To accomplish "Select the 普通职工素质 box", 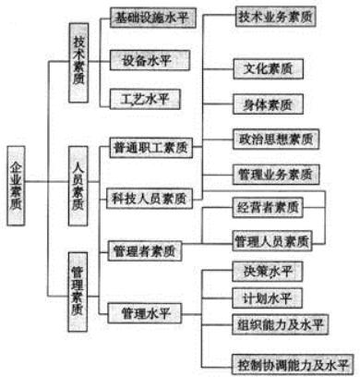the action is pyautogui.click(x=150, y=149).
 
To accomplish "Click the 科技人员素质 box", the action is pyautogui.click(x=150, y=198).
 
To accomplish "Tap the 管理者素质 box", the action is pyautogui.click(x=145, y=250).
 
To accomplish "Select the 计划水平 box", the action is pyautogui.click(x=268, y=298).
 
